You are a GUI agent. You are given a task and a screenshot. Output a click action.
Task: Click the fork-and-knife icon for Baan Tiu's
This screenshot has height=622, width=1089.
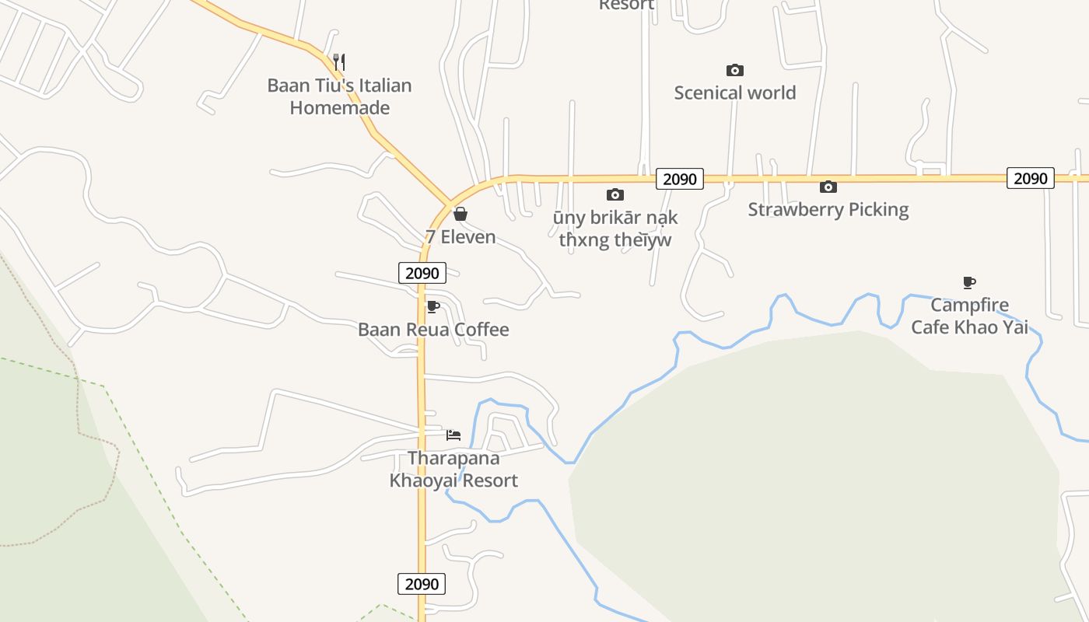coord(338,61)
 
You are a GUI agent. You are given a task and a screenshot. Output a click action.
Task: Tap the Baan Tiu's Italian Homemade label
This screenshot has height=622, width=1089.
coord(339,96)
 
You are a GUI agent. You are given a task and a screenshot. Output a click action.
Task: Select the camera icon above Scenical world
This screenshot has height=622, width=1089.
coord(734,71)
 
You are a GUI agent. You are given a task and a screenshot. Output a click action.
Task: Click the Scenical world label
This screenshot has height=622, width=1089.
coord(734,93)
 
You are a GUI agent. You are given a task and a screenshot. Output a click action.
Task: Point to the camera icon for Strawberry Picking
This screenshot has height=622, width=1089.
coord(828,187)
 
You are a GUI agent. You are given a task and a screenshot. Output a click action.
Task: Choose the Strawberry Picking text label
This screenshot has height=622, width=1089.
coord(828,209)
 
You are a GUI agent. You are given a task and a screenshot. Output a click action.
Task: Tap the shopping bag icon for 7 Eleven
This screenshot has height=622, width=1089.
coord(460,214)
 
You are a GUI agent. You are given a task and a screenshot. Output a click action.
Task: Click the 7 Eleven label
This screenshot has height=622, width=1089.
coord(460,237)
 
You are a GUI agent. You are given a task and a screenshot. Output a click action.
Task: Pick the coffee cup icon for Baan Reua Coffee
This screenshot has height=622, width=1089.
coord(432,307)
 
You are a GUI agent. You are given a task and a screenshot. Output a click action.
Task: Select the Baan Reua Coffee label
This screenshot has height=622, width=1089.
coord(433,330)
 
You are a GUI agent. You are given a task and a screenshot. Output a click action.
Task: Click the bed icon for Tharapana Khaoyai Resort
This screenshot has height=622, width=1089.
coord(453,435)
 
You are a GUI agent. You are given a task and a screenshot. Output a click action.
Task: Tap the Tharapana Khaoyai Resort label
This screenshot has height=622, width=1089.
coord(453,469)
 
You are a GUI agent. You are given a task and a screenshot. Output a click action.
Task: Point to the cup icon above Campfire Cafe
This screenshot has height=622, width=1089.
coord(969,282)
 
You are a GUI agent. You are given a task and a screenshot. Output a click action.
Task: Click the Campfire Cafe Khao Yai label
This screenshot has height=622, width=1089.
coord(969,316)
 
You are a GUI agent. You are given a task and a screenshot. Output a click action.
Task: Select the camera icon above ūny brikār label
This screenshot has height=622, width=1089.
coord(615,194)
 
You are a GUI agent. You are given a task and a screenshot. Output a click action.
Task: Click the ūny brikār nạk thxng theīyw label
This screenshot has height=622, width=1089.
coord(615,229)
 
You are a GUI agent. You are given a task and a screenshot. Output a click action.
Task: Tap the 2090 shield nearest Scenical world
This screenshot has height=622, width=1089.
coord(680,179)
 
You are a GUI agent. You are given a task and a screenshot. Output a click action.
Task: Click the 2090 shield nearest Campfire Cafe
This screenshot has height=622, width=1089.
coord(1031,178)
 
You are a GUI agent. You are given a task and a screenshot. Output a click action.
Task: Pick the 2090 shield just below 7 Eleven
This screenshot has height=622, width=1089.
coord(422,273)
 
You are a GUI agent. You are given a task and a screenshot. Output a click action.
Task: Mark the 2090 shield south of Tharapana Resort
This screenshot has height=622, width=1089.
coord(422,584)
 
